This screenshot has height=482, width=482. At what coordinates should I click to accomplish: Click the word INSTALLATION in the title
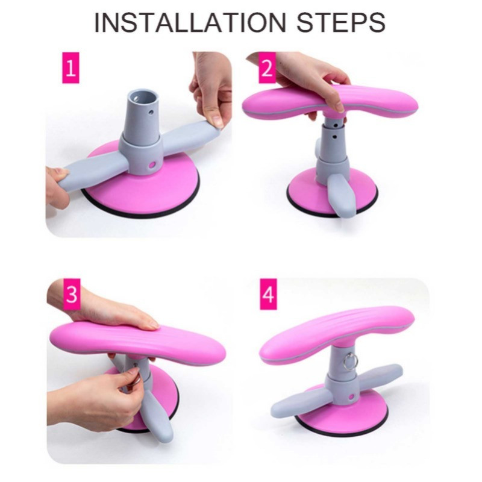(190, 22)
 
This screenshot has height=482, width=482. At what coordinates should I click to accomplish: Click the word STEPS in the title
(341, 22)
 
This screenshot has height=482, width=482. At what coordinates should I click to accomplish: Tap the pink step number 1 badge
(70, 67)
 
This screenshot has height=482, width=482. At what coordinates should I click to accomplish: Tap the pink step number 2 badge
(267, 67)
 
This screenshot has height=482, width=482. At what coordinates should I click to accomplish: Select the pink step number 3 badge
(72, 294)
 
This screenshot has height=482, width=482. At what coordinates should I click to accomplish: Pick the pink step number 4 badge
(268, 294)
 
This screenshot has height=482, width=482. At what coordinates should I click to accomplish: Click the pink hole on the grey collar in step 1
(152, 165)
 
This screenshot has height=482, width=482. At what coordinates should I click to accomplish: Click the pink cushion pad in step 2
(330, 101)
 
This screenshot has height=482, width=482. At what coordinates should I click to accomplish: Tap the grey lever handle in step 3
(157, 415)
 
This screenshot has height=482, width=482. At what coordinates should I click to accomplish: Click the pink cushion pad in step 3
(138, 343)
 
